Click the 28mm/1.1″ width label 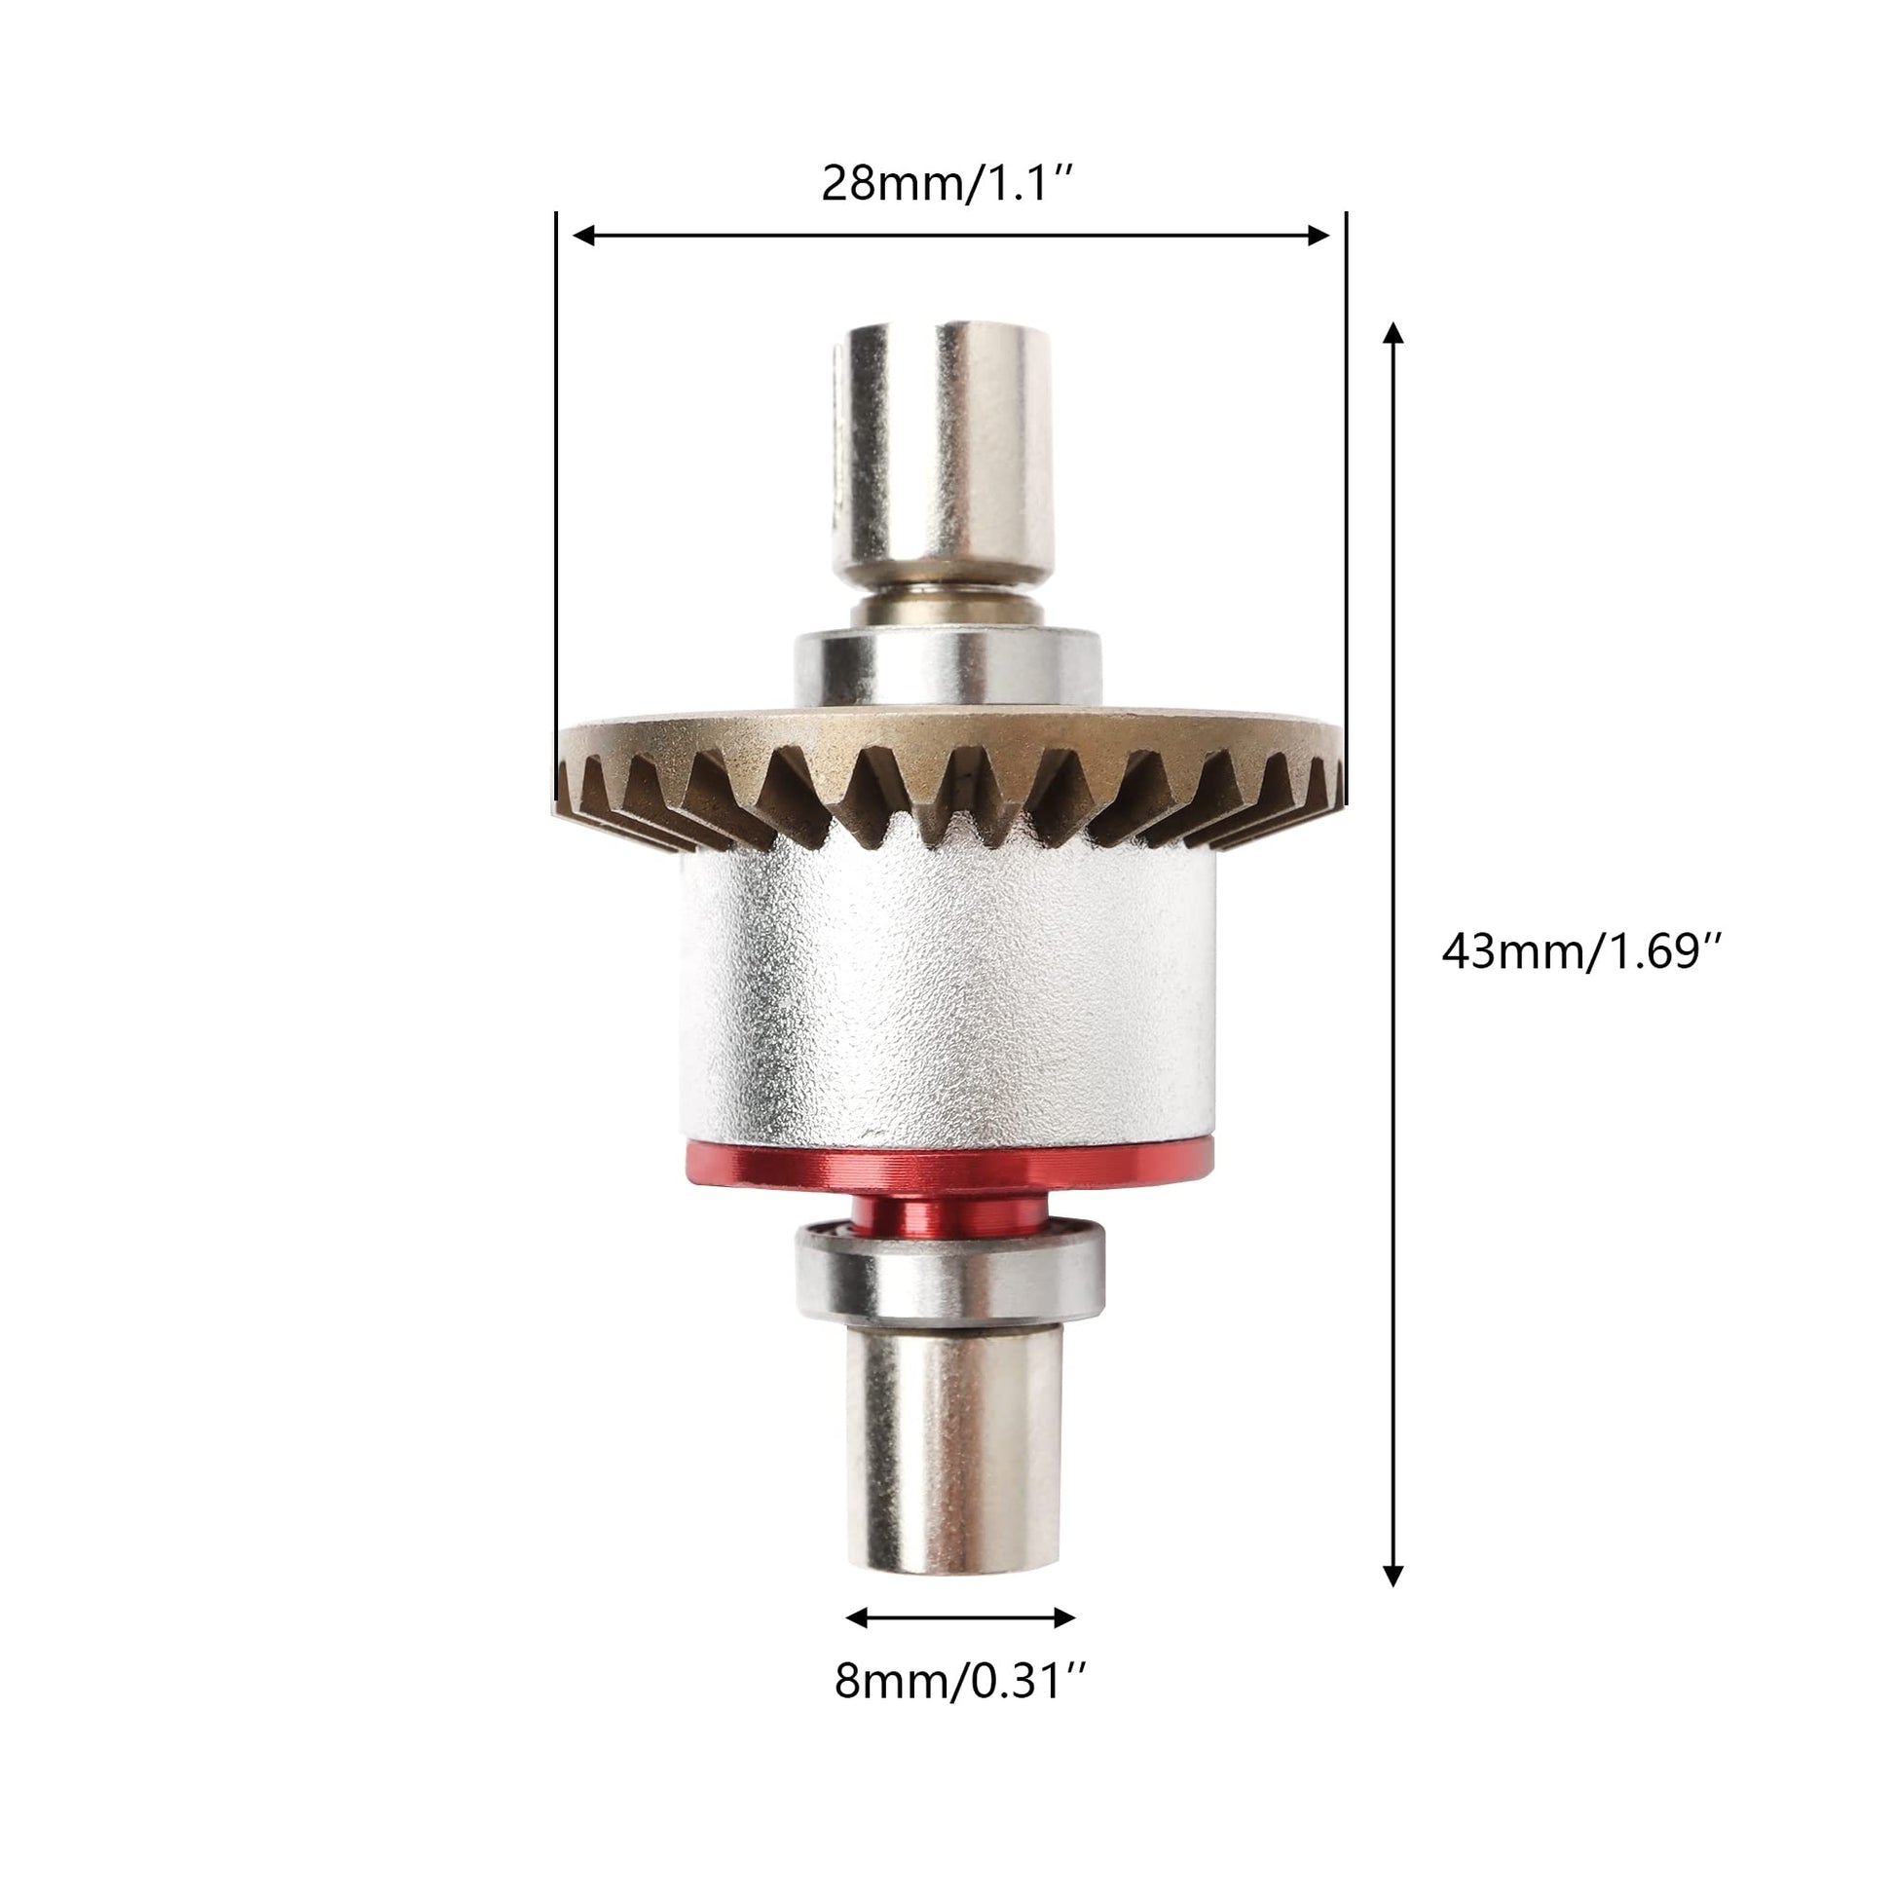[948, 183]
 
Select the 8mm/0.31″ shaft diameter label [960, 1681]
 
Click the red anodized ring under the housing [947, 1168]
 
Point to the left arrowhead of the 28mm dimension [584, 235]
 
